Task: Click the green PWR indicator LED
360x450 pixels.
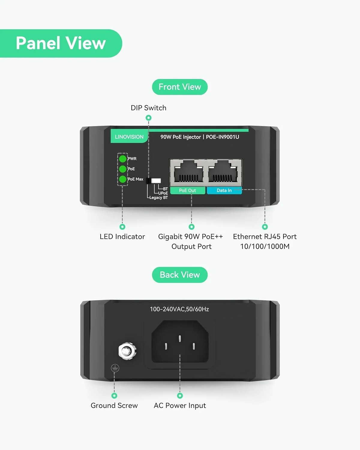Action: coord(123,159)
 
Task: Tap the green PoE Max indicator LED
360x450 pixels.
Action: coord(123,179)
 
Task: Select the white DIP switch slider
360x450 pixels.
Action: coord(156,181)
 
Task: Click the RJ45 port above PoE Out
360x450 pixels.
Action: coord(189,172)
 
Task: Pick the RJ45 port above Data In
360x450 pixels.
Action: coord(223,172)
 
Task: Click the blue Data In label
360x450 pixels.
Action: coord(224,190)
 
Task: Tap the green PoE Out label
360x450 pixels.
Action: coord(187,190)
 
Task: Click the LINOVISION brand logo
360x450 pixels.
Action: coord(129,137)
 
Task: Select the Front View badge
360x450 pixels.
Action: coord(180,87)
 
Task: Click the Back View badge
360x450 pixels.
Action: coord(180,275)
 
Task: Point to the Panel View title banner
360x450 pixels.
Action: coord(61,43)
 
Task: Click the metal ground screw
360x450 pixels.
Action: coord(127,351)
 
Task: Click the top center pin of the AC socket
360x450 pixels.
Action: coord(180,338)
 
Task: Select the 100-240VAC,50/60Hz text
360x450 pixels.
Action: coord(179,309)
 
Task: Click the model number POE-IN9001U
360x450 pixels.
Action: coord(222,137)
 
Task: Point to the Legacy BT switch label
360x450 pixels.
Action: coord(159,198)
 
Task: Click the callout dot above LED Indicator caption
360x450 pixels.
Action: coord(122,227)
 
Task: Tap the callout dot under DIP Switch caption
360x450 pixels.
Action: coord(148,118)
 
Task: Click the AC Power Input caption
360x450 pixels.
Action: coord(180,406)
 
